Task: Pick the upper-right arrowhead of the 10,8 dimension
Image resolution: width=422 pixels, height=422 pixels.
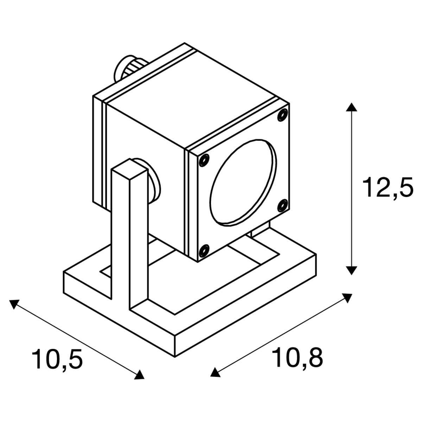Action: click(x=346, y=298)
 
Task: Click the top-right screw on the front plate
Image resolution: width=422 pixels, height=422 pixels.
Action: click(x=282, y=115)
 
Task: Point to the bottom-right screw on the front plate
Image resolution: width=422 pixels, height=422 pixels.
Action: click(x=282, y=205)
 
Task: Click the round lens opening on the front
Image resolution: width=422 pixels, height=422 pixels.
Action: click(x=243, y=183)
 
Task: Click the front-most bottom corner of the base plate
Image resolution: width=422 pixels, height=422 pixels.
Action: click(x=174, y=357)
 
